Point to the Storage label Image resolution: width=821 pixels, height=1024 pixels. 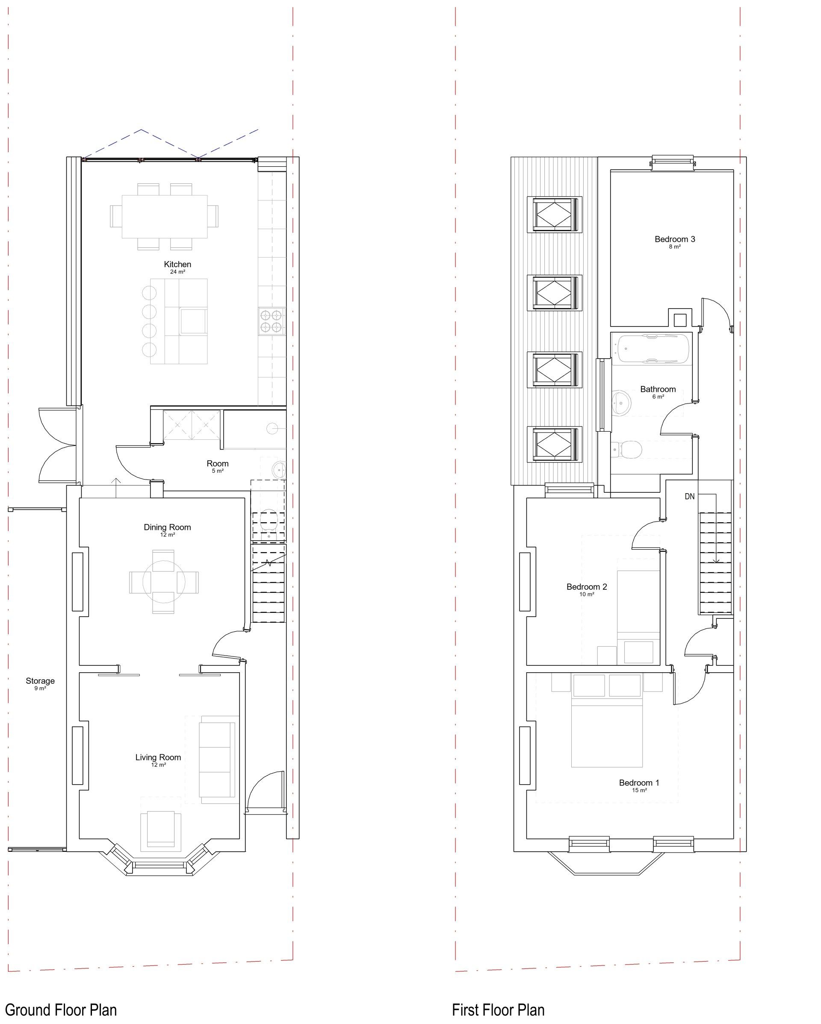click(x=40, y=681)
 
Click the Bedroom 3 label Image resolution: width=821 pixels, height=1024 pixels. click(x=675, y=239)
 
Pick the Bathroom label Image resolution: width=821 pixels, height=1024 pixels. click(x=658, y=389)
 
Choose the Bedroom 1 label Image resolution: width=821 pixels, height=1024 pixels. click(x=639, y=782)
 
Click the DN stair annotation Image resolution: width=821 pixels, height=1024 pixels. click(x=689, y=496)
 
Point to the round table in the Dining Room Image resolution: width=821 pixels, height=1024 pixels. click(x=164, y=582)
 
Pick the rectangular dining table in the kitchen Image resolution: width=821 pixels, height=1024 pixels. click(x=164, y=216)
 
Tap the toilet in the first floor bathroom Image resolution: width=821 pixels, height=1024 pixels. click(x=627, y=448)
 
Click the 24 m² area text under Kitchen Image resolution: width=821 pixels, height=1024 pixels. click(x=178, y=272)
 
